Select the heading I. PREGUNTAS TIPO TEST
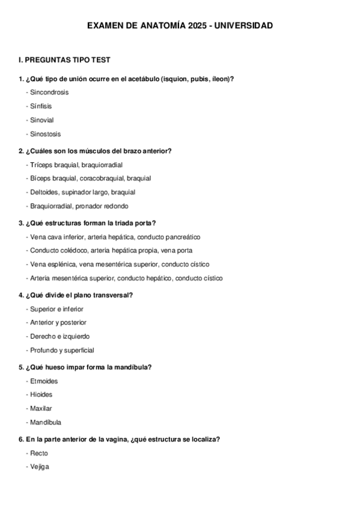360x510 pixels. [64, 60]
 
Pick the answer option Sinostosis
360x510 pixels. [45, 134]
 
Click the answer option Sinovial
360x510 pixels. [42, 120]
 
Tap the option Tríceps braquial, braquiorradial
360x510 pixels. [76, 165]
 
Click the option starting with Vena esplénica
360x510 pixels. [119, 264]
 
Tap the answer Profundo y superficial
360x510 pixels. [62, 350]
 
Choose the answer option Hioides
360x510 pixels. [41, 395]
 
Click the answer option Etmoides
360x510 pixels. [42, 381]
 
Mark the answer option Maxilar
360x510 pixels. [40, 408]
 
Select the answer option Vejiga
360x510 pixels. [39, 467]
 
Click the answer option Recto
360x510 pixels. [38, 453]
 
